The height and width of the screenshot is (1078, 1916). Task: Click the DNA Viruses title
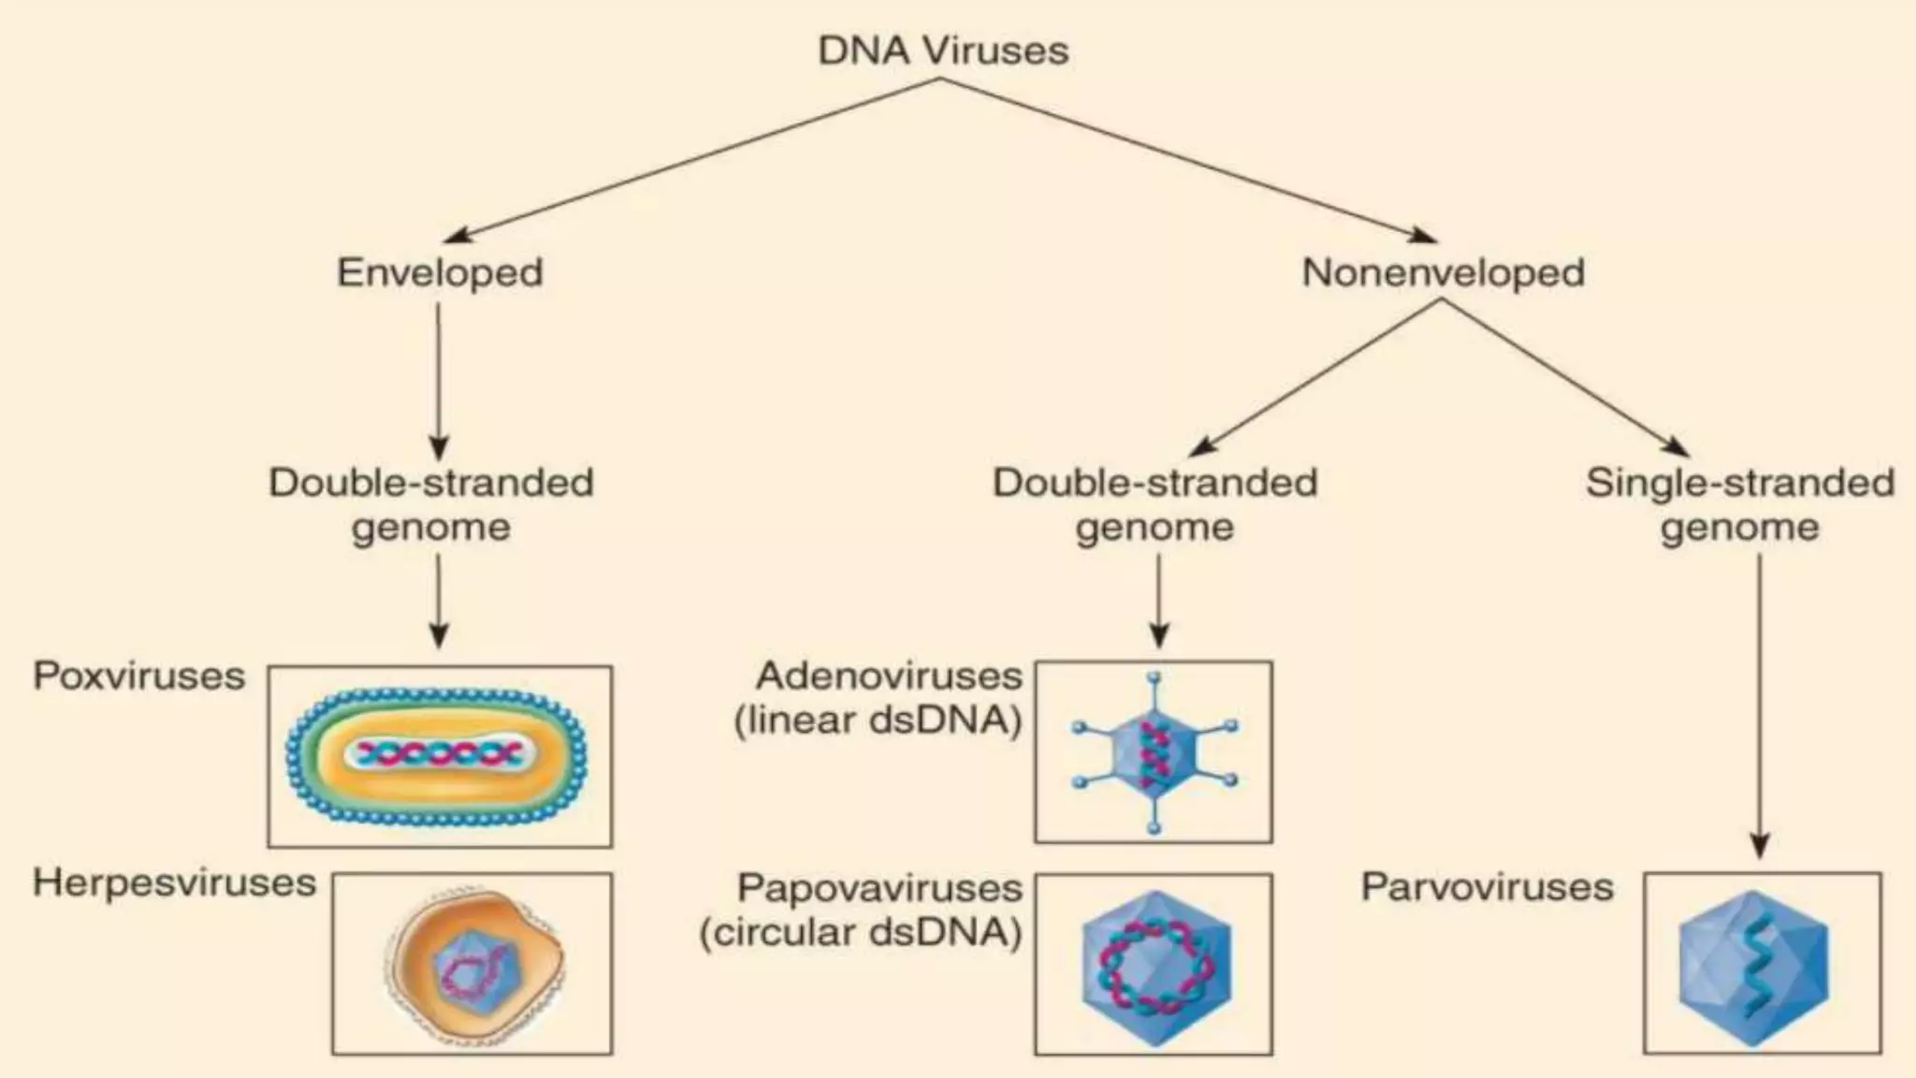pyautogui.click(x=943, y=51)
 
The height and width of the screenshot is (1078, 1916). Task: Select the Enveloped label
pyautogui.click(x=440, y=272)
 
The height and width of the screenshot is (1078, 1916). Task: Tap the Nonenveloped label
pyautogui.click(x=1443, y=272)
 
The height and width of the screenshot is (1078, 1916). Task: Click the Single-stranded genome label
pyautogui.click(x=1740, y=504)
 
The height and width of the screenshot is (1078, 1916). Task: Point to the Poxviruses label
pyautogui.click(x=139, y=676)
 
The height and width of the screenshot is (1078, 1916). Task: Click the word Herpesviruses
pyautogui.click(x=175, y=882)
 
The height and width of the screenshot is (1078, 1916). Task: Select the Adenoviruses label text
pyautogui.click(x=889, y=676)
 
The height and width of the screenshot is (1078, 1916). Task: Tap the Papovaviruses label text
pyautogui.click(x=879, y=887)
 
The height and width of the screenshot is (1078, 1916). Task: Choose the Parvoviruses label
pyautogui.click(x=1488, y=887)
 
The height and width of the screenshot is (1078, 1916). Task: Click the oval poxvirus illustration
pyautogui.click(x=437, y=755)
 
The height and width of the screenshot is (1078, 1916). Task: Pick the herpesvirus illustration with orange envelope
pyautogui.click(x=475, y=964)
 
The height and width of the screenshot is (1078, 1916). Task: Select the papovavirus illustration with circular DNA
pyautogui.click(x=1156, y=967)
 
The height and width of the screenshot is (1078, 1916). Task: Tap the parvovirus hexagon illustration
pyautogui.click(x=1753, y=967)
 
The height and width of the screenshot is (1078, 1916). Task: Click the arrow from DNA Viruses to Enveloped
pyautogui.click(x=692, y=159)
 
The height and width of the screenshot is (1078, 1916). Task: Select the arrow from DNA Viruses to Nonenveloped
pyautogui.click(x=1188, y=159)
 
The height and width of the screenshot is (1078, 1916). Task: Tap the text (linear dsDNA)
pyautogui.click(x=878, y=721)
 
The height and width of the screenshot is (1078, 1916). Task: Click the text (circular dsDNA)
pyautogui.click(x=861, y=932)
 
